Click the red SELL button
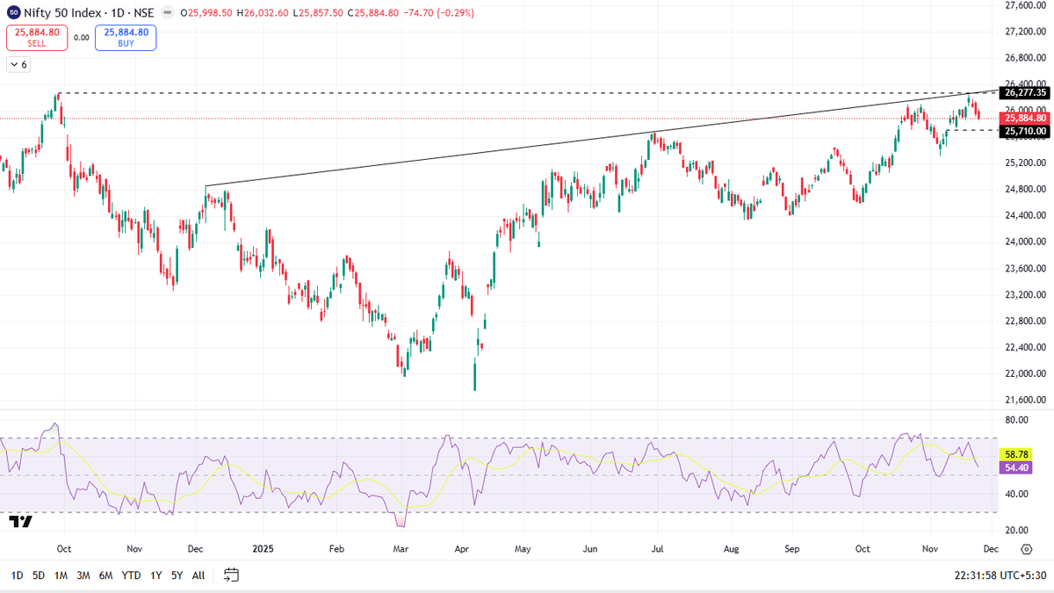click(36, 37)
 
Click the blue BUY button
click(126, 37)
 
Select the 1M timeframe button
click(61, 575)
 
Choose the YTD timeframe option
click(131, 575)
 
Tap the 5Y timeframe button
click(177, 575)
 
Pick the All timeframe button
click(199, 575)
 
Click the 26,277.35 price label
click(1025, 93)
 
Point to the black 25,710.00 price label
click(1025, 131)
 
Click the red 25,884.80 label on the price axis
click(1025, 118)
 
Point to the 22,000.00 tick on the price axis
click(1026, 373)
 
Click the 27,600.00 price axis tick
click(1026, 5)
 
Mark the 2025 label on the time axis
click(264, 548)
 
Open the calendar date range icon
click(232, 575)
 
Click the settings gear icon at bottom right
click(1026, 549)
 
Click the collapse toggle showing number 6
click(18, 64)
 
